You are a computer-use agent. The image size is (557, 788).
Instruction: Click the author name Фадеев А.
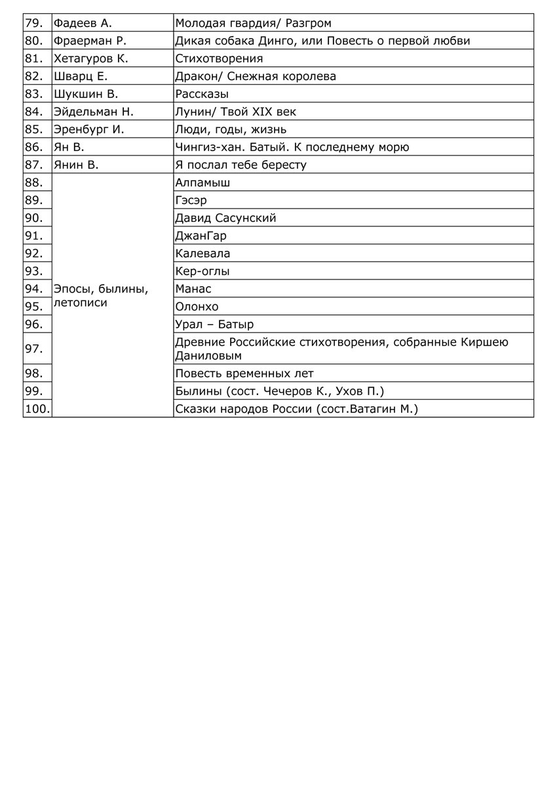coord(83,24)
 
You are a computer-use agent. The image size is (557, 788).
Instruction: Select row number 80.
coord(33,41)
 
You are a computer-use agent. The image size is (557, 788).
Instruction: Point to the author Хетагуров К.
coord(90,59)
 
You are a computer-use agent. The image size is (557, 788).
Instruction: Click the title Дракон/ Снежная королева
coord(256,77)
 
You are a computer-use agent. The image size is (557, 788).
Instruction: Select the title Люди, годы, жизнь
coord(231,130)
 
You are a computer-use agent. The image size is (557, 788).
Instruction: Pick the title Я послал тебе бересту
coord(240,165)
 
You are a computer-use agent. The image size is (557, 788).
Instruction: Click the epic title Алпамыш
coord(202,183)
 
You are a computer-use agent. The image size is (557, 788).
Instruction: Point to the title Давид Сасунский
coord(225,218)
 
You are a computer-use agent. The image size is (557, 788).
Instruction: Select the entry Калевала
coord(202,254)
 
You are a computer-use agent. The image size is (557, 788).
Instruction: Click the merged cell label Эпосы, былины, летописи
coord(101,296)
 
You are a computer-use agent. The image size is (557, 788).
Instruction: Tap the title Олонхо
coord(197,307)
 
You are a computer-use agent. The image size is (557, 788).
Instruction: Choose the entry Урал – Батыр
coord(214,325)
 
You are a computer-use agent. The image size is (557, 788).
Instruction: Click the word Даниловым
coord(208,356)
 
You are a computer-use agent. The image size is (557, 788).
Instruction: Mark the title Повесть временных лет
coord(244,374)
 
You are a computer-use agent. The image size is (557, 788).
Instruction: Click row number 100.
coord(37,409)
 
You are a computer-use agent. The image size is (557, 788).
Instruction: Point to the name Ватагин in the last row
coord(375,409)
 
